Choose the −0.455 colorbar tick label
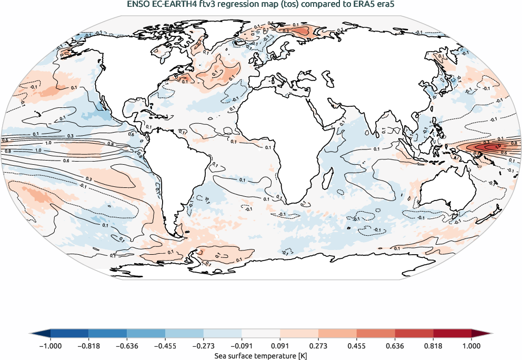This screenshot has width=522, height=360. (165, 346)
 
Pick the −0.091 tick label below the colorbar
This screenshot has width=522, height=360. (242, 346)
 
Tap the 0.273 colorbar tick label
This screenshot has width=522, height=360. (318, 346)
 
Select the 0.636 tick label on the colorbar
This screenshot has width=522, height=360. (395, 346)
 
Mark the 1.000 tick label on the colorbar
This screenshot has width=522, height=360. (471, 346)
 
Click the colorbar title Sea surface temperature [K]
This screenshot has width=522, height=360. (261, 356)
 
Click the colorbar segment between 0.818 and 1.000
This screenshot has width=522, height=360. (452, 334)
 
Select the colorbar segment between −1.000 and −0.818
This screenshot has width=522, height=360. (69, 334)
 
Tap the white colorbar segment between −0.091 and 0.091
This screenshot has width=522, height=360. (261, 334)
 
